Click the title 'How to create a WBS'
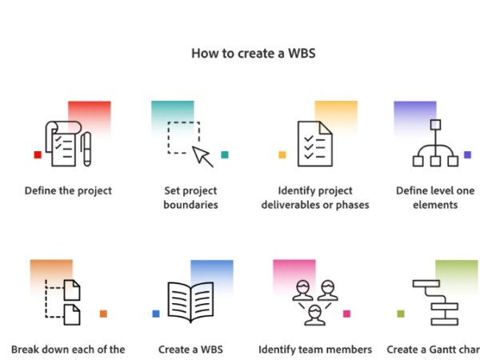[x=240, y=54]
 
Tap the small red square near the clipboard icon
[x=38, y=154]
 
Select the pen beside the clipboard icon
[x=86, y=148]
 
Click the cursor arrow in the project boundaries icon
[x=204, y=156]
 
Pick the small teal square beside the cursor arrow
[x=225, y=154]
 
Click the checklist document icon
[x=314, y=144]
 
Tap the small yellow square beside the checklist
[x=282, y=154]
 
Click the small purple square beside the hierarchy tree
[x=467, y=154]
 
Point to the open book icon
[x=190, y=302]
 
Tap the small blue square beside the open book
[x=156, y=314]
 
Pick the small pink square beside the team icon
[x=346, y=314]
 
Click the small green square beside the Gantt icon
[x=400, y=314]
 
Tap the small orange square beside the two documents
[x=103, y=314]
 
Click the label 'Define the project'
[x=68, y=191]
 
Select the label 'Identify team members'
[x=315, y=350]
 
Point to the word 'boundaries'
[x=190, y=205]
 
